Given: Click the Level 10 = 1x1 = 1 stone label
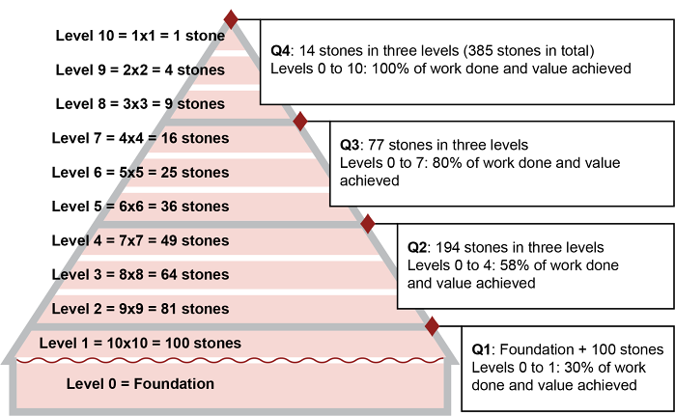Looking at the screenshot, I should coord(140,36).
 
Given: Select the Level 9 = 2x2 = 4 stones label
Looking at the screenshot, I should coord(140,69).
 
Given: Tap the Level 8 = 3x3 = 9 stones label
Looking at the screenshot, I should coord(140,104).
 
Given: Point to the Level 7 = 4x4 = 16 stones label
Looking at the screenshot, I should coord(140,138).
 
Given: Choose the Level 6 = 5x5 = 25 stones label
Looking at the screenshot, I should coord(140,173).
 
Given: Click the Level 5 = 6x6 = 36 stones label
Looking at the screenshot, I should coord(140,207).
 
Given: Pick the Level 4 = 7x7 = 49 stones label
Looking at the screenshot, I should coord(140,240).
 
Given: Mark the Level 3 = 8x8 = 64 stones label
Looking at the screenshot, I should coord(140,275).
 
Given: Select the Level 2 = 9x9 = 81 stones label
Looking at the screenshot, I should coord(140,309).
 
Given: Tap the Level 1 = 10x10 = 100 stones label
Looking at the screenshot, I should coord(140,343).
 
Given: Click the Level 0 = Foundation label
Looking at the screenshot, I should coord(140,384).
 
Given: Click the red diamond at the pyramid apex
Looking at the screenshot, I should coord(230,18).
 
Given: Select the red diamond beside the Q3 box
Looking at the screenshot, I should coord(299,121).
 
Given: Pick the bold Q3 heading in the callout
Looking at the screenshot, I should coord(350,145).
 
